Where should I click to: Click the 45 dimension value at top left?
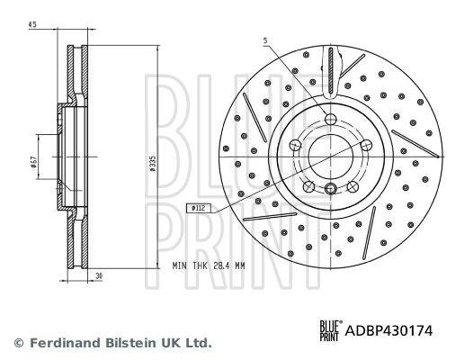(32, 23)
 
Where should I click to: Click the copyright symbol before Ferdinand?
(17, 343)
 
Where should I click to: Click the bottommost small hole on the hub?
(330, 188)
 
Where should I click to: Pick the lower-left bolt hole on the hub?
(309, 185)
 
